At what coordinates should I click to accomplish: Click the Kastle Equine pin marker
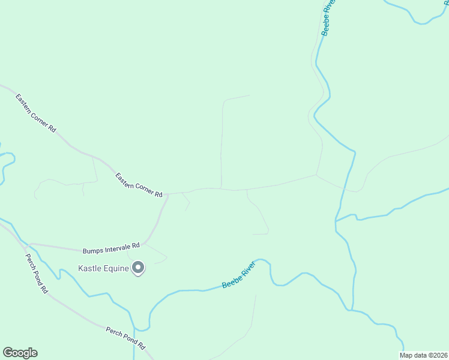pos(138,268)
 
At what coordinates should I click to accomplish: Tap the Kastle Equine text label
pos(104,268)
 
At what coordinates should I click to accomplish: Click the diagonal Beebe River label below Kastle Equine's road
pos(238,275)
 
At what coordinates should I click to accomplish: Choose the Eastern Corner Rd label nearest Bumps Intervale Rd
pos(139,185)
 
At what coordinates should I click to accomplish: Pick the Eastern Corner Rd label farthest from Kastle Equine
pos(36,113)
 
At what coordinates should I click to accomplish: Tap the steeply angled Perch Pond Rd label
pos(36,273)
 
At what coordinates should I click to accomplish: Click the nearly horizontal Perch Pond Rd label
pos(125,338)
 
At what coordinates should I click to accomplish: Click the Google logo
pos(20,353)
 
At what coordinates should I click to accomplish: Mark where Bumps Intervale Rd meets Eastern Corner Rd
pos(167,194)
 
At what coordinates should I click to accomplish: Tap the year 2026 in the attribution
pos(438,355)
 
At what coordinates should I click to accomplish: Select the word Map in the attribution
pos(406,355)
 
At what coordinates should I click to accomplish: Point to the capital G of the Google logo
pos(8,352)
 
